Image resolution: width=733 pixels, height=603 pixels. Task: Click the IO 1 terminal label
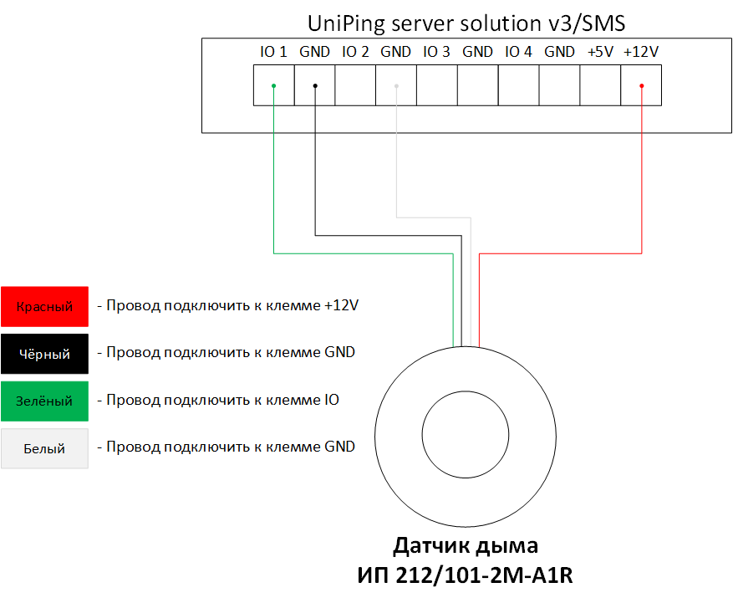tap(273, 52)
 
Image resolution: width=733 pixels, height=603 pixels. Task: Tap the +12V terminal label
tap(641, 52)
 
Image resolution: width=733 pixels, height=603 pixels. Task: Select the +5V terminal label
tap(600, 52)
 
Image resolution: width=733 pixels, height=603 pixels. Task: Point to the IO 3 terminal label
tap(436, 52)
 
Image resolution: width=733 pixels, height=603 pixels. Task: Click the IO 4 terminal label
tap(518, 52)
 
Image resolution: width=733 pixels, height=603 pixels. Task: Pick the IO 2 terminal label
tap(355, 52)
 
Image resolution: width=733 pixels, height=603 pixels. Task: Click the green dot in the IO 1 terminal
tap(273, 85)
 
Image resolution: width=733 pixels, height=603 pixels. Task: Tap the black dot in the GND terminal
tap(315, 85)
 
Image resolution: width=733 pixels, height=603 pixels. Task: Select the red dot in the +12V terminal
tap(641, 85)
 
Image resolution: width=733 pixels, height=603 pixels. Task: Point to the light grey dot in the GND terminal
tap(396, 85)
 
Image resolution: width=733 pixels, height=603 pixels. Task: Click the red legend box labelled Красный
tap(44, 306)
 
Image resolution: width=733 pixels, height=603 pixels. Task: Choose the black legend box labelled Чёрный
tap(44, 354)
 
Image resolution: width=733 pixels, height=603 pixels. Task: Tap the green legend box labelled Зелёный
tap(44, 401)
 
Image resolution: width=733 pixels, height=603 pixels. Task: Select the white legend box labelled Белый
tap(44, 448)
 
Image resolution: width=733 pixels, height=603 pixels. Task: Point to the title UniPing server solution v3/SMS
tap(466, 23)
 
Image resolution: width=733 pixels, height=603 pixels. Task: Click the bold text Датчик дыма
tap(466, 545)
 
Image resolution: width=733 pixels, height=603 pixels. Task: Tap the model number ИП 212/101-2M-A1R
tap(466, 575)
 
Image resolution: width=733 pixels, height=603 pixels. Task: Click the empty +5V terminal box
tap(600, 85)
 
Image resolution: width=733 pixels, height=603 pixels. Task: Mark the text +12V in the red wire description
tap(341, 305)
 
